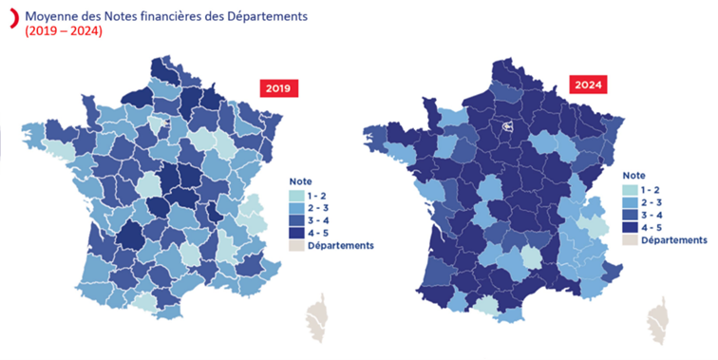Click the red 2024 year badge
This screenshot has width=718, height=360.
[589, 85]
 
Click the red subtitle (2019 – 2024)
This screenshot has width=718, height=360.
[64, 32]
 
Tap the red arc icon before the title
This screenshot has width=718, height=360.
[9, 19]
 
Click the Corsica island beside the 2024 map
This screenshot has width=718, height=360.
[657, 318]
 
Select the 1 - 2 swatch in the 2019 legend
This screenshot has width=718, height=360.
[295, 194]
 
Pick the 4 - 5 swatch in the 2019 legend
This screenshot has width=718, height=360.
[295, 229]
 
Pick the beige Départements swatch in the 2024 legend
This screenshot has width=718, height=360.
[630, 240]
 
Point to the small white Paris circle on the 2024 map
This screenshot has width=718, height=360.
[507, 123]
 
